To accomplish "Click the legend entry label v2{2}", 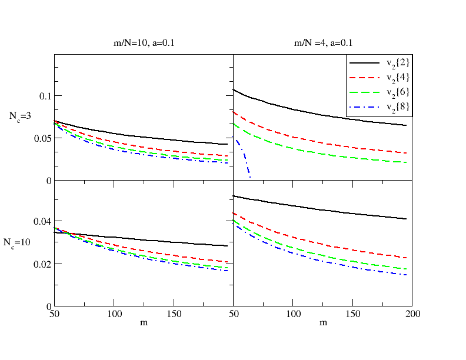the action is (398, 64).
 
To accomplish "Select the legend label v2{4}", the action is (398, 78).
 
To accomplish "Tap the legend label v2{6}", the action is (398, 92).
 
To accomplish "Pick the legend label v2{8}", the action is (398, 107).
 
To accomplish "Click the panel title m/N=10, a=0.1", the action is (144, 43).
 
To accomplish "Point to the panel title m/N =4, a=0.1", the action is (323, 43).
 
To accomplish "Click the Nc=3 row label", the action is (20, 116).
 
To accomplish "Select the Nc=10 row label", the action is (17, 243).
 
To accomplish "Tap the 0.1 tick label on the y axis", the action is (45, 96).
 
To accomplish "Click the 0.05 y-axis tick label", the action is (43, 138).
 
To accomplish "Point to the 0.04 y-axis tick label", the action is (42, 222).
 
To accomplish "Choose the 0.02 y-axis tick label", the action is (42, 264).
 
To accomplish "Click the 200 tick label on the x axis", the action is (413, 314).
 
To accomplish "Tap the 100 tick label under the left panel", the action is (114, 314).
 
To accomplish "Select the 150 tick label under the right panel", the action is (353, 314).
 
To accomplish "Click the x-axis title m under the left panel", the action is (144, 323).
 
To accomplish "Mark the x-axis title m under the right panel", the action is (324, 323).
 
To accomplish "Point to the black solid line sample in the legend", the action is (364, 63).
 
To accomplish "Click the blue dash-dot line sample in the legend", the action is (364, 107).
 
